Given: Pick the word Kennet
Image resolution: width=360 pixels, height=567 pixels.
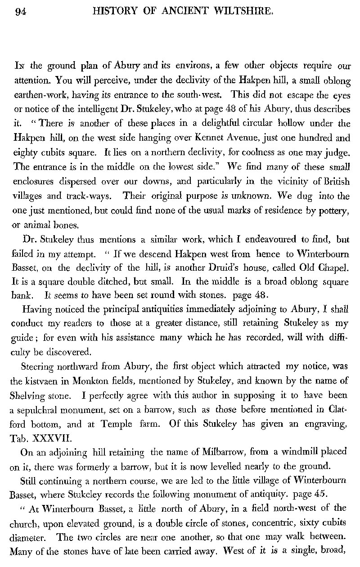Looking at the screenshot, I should pos(192,135).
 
